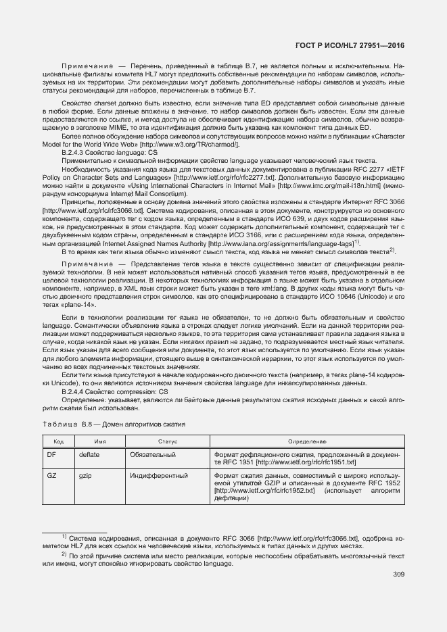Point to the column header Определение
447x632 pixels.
(308, 441)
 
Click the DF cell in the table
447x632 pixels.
(51, 455)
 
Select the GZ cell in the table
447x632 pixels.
(51, 476)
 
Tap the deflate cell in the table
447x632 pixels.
(89, 455)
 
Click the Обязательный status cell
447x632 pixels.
(153, 455)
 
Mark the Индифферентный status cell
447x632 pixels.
(158, 476)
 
